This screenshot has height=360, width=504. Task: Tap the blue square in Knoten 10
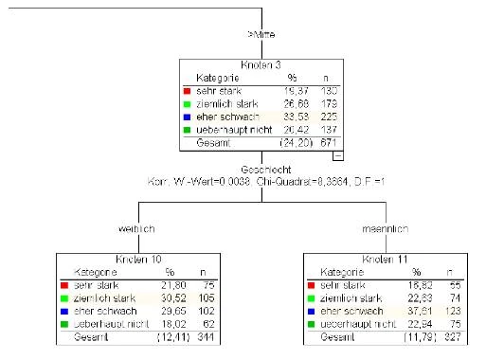(63, 310)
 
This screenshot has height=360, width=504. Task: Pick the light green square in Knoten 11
(312, 297)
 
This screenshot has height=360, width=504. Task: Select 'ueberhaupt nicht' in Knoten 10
(104, 323)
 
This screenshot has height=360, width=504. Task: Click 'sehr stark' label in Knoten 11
(342, 283)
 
